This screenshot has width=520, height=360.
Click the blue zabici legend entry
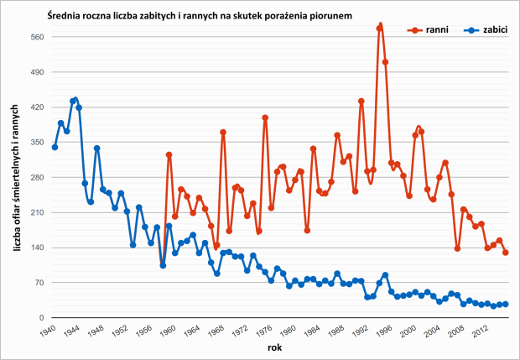coord(485,29)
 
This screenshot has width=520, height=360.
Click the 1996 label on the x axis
coord(382,330)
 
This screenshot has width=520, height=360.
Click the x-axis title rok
coord(276,347)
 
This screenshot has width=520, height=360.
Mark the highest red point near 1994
coord(380,26)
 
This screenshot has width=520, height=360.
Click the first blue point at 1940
coord(55,147)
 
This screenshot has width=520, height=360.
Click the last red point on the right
coord(506,252)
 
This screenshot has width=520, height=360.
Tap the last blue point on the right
coord(506,304)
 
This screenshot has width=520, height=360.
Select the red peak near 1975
coord(265,117)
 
